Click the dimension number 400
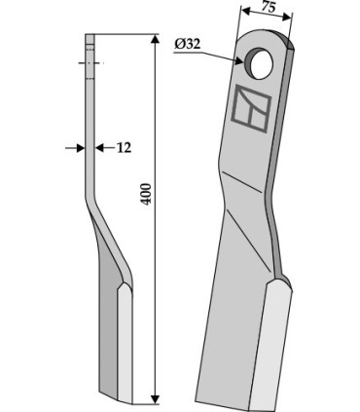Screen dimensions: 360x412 point(147,194)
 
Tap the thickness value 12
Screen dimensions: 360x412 point(124,148)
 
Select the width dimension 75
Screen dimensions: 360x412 point(269,7)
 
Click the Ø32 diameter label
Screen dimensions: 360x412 point(188,44)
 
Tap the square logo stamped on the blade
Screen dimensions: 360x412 point(251,108)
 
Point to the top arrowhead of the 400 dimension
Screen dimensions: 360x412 point(156,39)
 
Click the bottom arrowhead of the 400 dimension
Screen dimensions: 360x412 point(156,399)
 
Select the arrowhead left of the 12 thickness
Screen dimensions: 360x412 point(80,148)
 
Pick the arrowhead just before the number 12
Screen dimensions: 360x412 point(100,148)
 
